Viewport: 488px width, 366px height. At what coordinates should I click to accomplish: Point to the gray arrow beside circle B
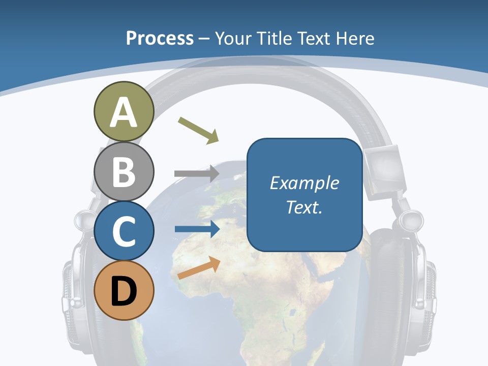click(x=196, y=173)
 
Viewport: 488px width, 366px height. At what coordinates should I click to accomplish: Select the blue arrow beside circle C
click(x=196, y=229)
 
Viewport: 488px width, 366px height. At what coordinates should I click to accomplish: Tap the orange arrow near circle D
click(x=199, y=268)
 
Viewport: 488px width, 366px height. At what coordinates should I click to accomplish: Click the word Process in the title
click(x=160, y=38)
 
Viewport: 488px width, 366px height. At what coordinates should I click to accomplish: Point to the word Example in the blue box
click(x=304, y=183)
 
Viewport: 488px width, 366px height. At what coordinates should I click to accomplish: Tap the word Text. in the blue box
click(x=304, y=207)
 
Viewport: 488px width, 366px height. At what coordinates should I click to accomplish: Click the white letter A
click(x=124, y=112)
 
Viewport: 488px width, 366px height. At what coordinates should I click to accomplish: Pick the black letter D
click(x=124, y=291)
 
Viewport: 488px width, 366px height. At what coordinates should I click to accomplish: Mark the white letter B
click(x=124, y=172)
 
